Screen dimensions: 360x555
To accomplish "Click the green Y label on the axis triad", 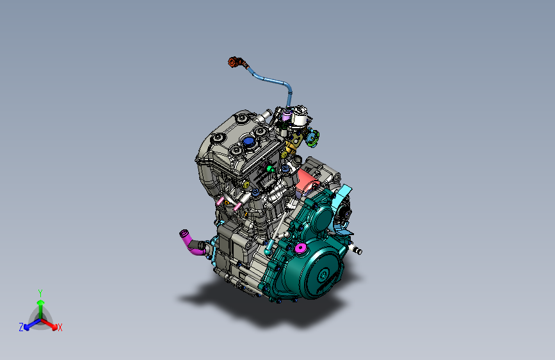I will pyautogui.click(x=40, y=292).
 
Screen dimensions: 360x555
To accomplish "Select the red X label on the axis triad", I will pyautogui.click(x=60, y=328).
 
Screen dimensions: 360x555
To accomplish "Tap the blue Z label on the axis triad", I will pyautogui.click(x=21, y=327).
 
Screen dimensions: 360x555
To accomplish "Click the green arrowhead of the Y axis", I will pyautogui.click(x=40, y=302).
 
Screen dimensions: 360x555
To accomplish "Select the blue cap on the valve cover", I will pyautogui.click(x=247, y=141).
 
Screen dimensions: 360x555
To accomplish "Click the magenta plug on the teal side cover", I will pyautogui.click(x=300, y=248).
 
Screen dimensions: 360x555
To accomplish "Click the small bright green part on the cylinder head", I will pyautogui.click(x=270, y=168).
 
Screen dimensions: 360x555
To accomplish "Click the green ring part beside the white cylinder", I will pyautogui.click(x=313, y=136).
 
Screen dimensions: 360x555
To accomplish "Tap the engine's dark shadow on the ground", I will pyautogui.click(x=269, y=311).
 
